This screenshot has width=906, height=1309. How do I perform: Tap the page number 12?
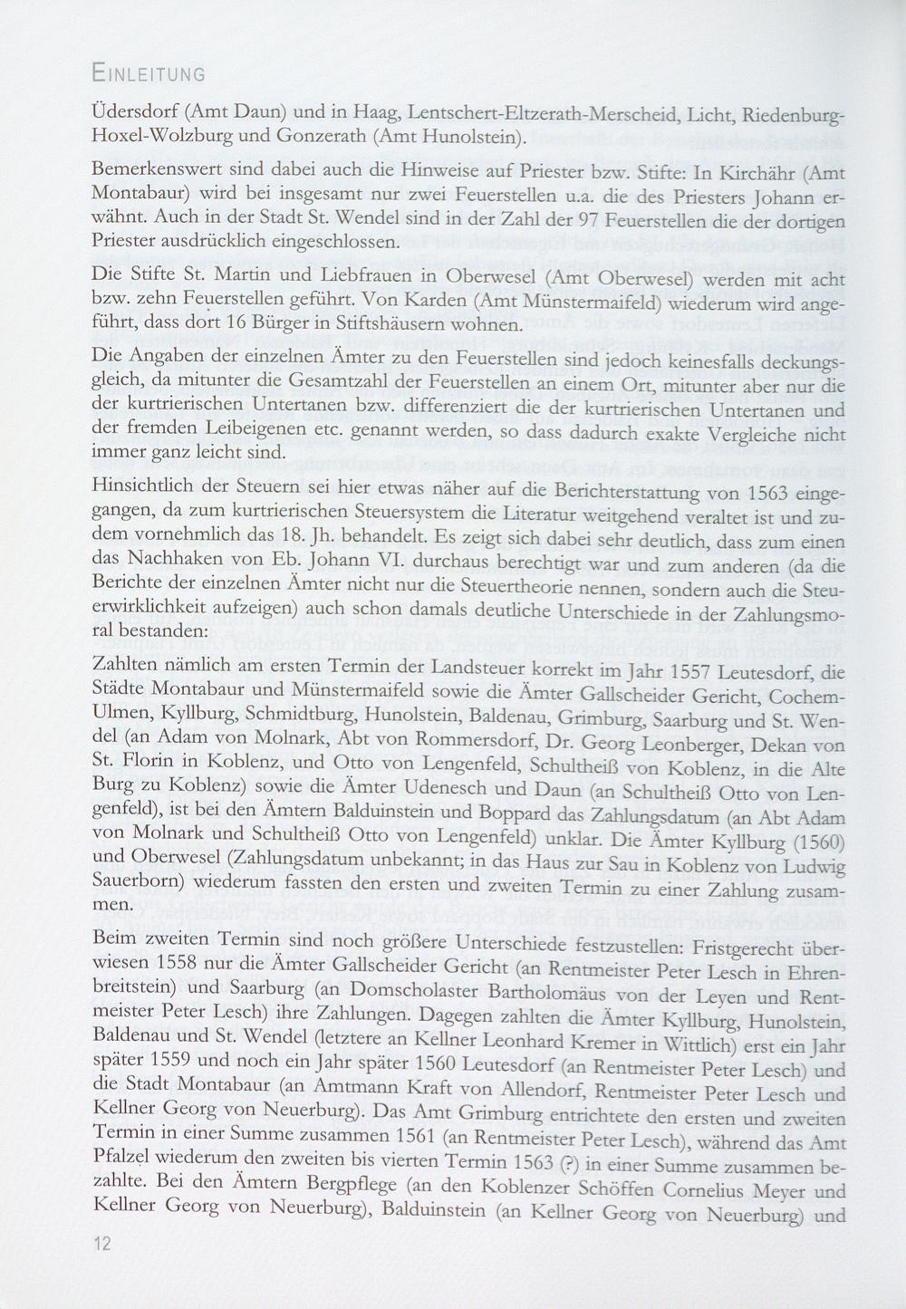point(101,1244)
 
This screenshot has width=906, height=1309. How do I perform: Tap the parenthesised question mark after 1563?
point(569,1164)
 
